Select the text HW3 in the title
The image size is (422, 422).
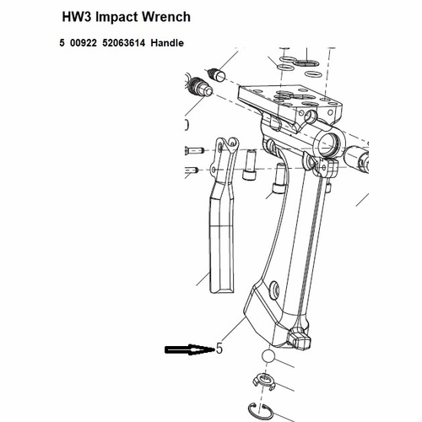[x=80, y=17]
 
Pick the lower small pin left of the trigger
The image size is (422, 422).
[x=190, y=171]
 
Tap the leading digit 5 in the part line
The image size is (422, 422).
[x=62, y=42]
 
